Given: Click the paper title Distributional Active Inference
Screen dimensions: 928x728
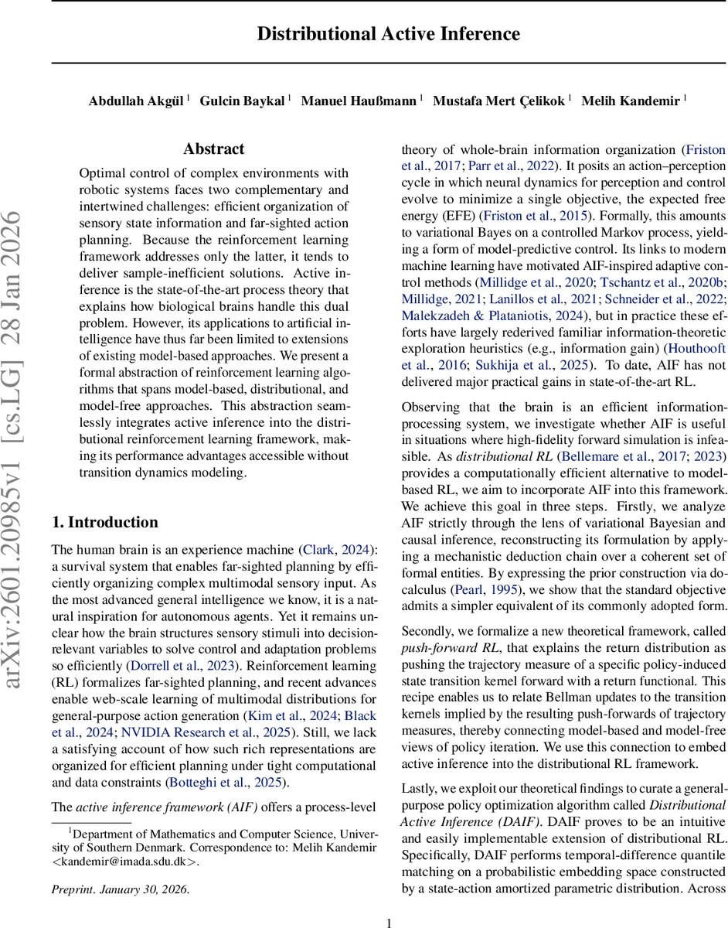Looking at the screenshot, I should coord(388,34).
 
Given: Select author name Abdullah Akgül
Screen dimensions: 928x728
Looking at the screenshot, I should coord(136,101).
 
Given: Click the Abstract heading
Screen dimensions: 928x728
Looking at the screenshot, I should coord(213,149).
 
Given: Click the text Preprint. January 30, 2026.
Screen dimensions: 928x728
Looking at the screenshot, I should coord(120,889).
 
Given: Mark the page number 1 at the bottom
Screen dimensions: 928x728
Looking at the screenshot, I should coord(389,923).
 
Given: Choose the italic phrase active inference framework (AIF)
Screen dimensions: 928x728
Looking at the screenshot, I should coord(167,807).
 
